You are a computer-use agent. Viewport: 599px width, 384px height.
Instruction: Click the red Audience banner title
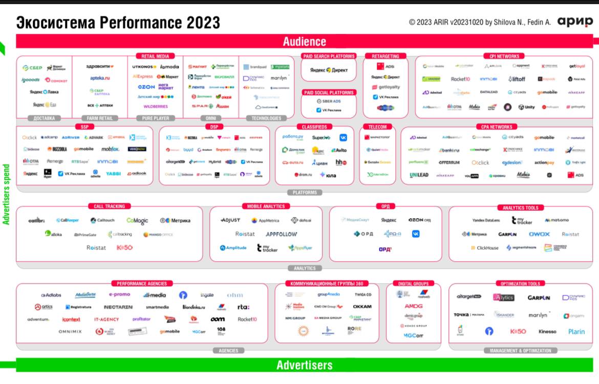(x=304, y=42)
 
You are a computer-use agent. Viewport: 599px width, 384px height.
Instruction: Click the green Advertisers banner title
(x=304, y=365)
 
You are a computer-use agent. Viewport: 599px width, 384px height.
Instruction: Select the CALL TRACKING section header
(x=109, y=206)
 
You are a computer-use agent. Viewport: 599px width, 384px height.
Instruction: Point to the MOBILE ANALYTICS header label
(x=266, y=206)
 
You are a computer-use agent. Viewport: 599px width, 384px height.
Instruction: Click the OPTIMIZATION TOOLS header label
(x=520, y=284)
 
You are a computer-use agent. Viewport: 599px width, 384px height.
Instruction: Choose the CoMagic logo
(x=137, y=221)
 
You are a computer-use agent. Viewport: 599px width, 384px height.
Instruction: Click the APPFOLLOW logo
(x=281, y=234)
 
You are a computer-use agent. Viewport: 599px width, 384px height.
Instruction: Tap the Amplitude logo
(x=233, y=248)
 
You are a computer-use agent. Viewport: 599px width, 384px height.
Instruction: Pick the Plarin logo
(x=576, y=331)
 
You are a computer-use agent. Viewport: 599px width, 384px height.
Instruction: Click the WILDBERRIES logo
(x=155, y=106)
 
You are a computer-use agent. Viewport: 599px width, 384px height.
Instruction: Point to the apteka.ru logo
(x=100, y=78)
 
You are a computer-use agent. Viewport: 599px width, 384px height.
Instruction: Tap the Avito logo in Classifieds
(x=338, y=150)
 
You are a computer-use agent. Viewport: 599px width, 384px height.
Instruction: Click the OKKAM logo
(x=362, y=306)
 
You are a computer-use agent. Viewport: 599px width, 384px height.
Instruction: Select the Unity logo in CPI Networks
(x=526, y=107)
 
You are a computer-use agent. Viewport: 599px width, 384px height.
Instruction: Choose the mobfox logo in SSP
(x=110, y=149)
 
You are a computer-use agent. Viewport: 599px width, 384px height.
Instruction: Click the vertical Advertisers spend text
(x=7, y=195)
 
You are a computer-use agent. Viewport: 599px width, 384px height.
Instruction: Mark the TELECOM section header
(x=377, y=127)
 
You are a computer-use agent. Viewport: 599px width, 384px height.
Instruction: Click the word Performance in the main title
(x=138, y=23)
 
